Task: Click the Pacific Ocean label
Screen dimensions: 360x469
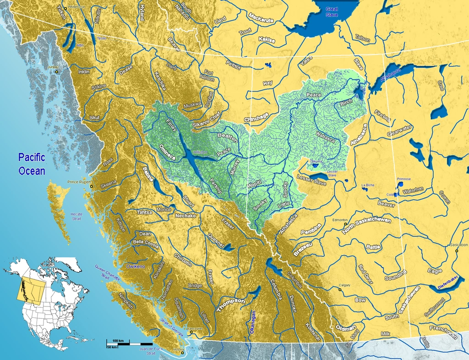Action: coord(32,164)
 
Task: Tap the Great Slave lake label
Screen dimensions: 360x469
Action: coord(332,12)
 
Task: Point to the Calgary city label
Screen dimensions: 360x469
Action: coord(344,285)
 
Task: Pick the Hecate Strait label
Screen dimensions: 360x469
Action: coord(76,216)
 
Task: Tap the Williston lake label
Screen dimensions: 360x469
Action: coord(200,152)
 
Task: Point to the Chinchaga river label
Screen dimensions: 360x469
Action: coord(256,118)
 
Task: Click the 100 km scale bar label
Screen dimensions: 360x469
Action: coord(118,341)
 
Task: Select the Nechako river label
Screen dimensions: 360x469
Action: coord(185,215)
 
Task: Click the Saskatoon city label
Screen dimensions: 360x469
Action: coord(459,245)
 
